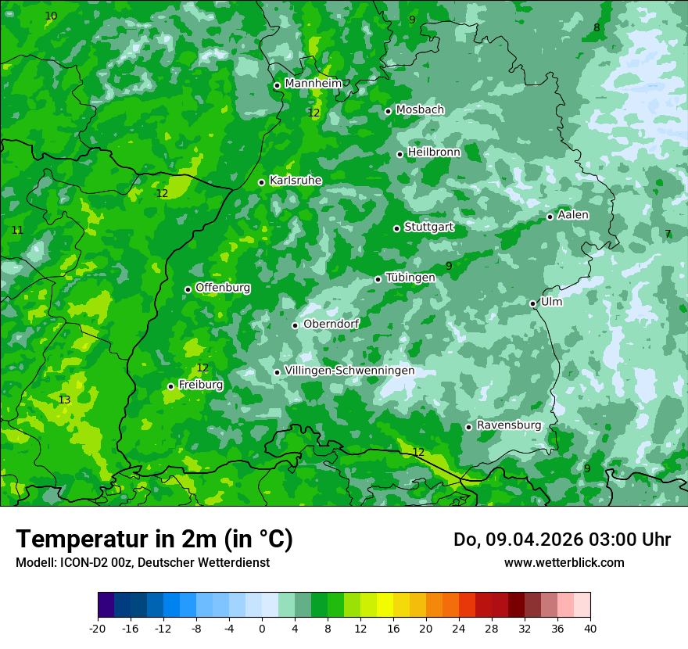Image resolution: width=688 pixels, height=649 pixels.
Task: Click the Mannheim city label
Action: pos(313,84)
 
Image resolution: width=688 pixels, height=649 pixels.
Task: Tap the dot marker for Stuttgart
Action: pos(397,228)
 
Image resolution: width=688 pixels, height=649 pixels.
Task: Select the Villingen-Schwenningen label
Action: pos(349,371)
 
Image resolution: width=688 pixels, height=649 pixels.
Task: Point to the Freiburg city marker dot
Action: pos(170,386)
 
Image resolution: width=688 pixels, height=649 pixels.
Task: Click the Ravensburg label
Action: pos(509,425)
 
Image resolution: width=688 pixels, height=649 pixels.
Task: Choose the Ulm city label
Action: pos(551,302)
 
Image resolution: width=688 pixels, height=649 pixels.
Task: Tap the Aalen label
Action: pos(573,215)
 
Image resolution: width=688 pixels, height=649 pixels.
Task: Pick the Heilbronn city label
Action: pos(434,152)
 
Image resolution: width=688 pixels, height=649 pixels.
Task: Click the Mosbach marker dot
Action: pos(388,111)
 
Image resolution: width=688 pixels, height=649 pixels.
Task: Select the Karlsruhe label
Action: pos(296,181)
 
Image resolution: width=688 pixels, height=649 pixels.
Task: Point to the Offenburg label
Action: pos(223,288)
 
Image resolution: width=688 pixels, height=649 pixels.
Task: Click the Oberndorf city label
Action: pos(331,324)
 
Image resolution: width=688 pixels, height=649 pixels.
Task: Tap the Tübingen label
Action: pos(410,278)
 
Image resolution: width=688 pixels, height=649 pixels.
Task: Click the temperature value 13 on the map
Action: pos(64,400)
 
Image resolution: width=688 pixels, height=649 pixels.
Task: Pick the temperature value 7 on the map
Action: pos(668,234)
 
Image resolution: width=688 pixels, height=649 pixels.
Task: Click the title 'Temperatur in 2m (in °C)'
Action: pos(154,540)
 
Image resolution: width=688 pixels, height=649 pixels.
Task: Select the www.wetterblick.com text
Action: pos(564,563)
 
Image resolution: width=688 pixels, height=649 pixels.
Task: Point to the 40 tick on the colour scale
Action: pos(590,628)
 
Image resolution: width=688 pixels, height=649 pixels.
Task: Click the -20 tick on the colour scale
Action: pos(98,628)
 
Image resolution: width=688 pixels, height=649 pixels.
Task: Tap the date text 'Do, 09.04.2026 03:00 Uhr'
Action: pos(562,540)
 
